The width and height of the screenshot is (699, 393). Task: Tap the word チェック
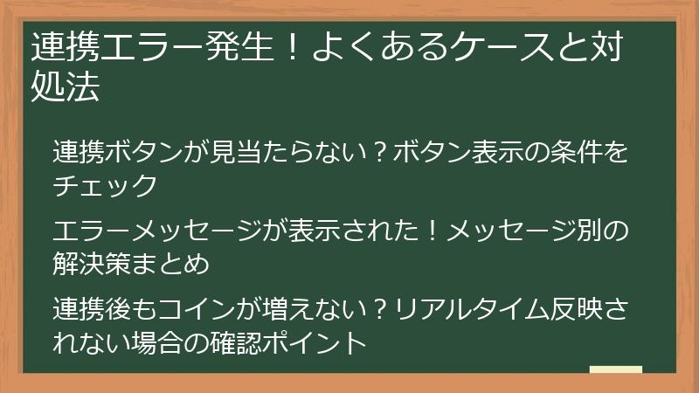pyautogui.click(x=104, y=185)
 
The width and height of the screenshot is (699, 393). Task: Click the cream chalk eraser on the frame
pyautogui.click(x=615, y=370)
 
